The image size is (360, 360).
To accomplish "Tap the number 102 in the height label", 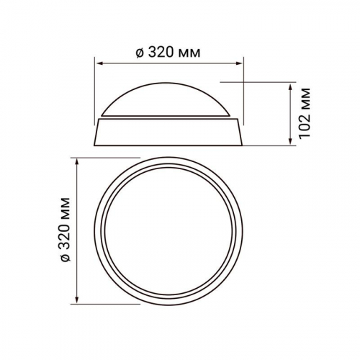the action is click(305, 125).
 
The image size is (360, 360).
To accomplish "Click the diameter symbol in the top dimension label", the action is click(140, 53).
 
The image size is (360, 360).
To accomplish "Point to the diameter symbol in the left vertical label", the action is click(66, 258).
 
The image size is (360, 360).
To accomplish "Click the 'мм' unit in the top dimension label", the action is click(189, 54).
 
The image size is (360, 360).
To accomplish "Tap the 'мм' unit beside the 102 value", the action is click(306, 99).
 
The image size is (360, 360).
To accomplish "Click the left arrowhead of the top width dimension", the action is click(99, 63).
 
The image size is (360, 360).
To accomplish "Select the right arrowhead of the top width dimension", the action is click(239, 63).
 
